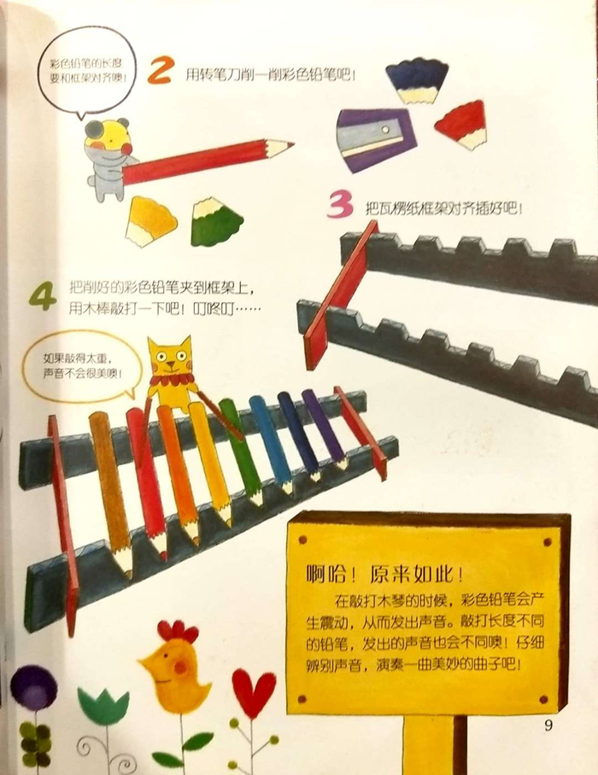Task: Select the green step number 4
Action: tap(43, 295)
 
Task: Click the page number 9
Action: tap(548, 725)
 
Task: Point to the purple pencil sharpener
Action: tap(376, 139)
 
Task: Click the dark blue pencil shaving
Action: tap(417, 80)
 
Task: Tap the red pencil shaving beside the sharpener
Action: tap(462, 124)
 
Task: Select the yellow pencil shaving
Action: tap(149, 220)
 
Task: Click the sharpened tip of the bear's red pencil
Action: tap(292, 144)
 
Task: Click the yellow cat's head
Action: tap(170, 357)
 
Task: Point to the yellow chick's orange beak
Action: tap(145, 661)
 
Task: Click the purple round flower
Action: tap(33, 688)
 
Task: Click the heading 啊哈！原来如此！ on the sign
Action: tap(384, 574)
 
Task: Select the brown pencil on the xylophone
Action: tap(112, 492)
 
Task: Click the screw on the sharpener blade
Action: tap(384, 130)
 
